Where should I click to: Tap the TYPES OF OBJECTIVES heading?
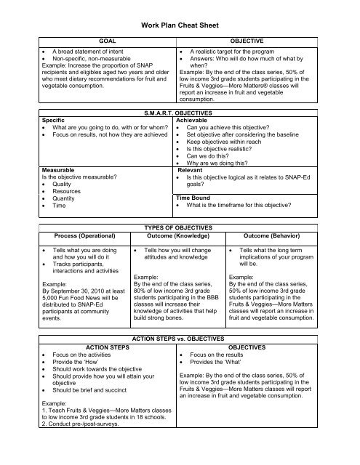(180, 248)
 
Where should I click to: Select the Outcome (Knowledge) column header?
(179, 256)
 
